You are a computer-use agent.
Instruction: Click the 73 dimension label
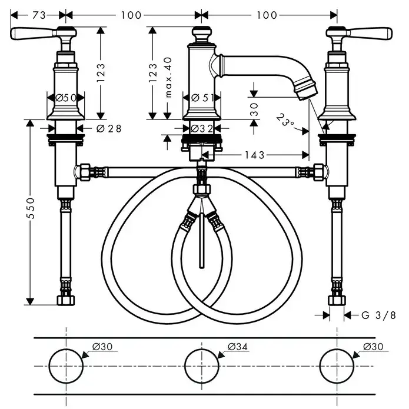[39, 15]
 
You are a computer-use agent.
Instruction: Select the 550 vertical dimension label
[31, 208]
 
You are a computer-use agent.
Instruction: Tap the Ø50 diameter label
[66, 98]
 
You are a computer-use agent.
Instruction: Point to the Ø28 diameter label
[109, 128]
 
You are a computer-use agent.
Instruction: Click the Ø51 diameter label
[202, 98]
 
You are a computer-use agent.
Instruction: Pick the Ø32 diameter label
[202, 128]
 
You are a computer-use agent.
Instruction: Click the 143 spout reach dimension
[255, 155]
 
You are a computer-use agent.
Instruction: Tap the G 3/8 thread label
[378, 315]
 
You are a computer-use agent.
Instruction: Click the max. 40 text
[168, 77]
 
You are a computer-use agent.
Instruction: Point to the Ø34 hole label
[237, 347]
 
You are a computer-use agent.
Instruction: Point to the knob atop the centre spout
[201, 34]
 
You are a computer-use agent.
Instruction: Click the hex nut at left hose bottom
[66, 300]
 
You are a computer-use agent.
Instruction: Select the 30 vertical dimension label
[254, 109]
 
